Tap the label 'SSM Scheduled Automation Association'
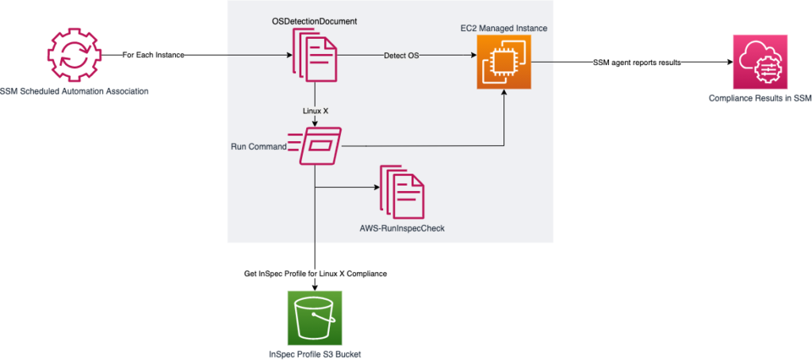tap(75, 92)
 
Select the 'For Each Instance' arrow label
tap(155, 56)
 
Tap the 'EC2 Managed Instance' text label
tap(504, 29)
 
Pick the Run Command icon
tap(320, 146)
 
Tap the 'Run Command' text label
tap(260, 146)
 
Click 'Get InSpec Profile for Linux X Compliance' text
tap(316, 274)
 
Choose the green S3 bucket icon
tap(316, 316)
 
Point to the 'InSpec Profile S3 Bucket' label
tap(316, 353)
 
